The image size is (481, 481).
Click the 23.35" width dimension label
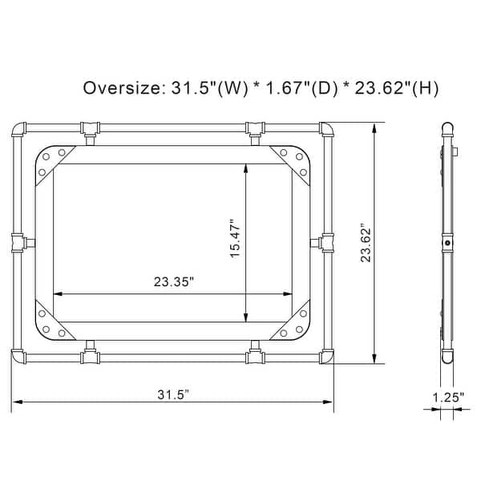coord(173,281)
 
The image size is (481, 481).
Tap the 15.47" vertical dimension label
coord(235,240)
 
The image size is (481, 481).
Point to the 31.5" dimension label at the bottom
coord(172,394)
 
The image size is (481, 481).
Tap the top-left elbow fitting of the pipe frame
coord(19,131)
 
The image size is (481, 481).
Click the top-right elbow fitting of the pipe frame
coord(326,131)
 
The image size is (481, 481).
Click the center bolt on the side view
coord(447,241)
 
